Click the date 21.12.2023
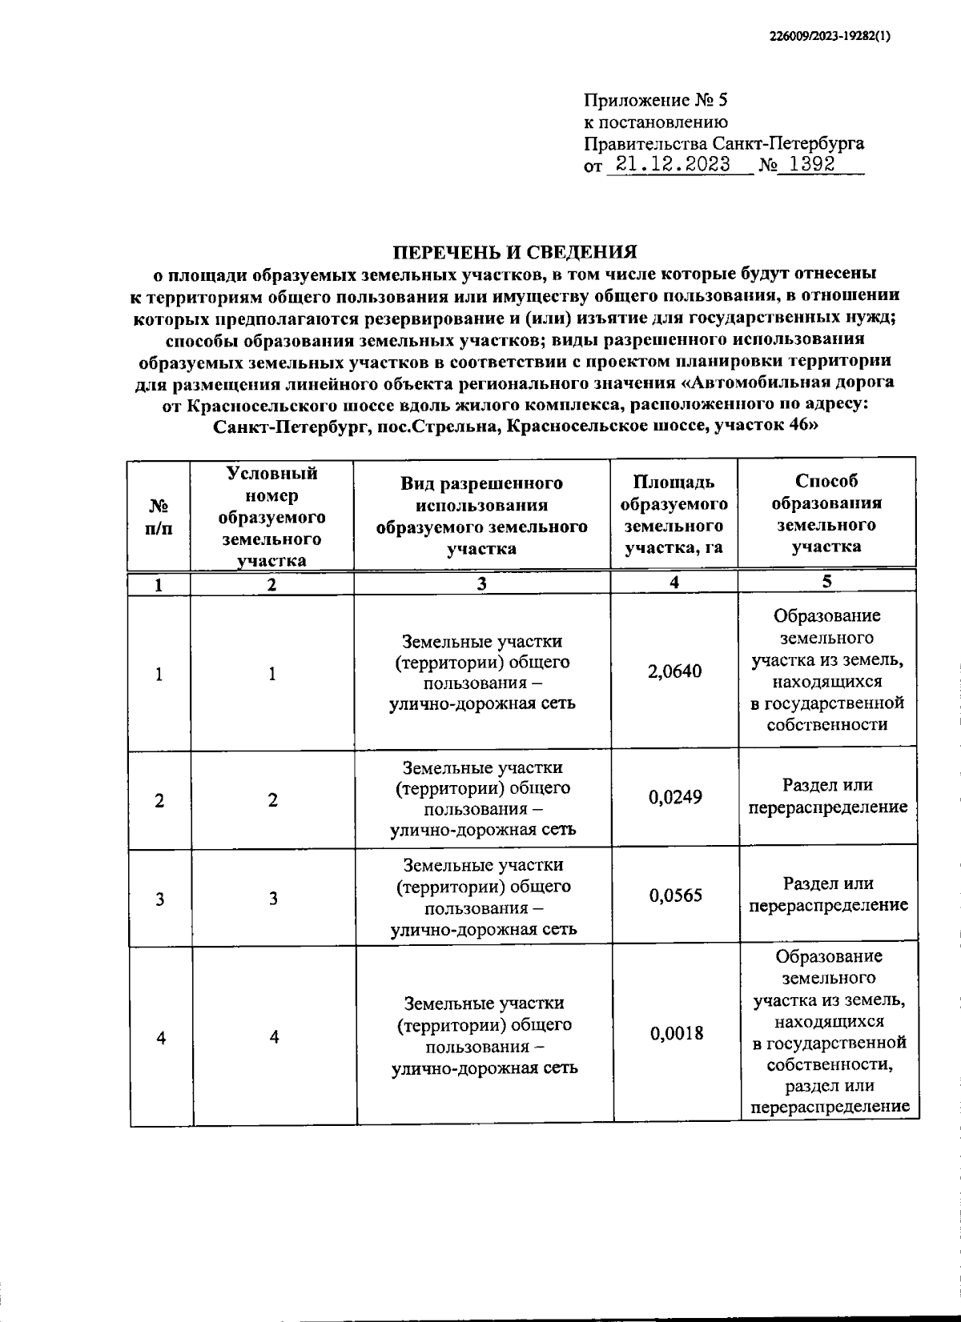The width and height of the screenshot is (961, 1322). (x=668, y=166)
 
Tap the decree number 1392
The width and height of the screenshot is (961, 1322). (x=811, y=166)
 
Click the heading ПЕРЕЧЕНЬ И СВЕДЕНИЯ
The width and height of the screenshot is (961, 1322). (x=514, y=252)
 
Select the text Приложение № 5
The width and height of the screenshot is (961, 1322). (x=656, y=101)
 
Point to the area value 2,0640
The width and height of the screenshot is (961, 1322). (x=675, y=671)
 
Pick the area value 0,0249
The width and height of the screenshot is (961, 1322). (x=675, y=797)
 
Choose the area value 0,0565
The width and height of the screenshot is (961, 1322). (x=676, y=895)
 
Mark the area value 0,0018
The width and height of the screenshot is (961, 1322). (x=677, y=1033)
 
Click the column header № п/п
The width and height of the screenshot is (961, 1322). (x=159, y=516)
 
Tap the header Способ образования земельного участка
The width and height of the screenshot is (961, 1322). (x=826, y=514)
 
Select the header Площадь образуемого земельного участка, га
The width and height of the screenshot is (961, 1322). (x=674, y=515)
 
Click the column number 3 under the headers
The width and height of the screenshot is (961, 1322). (x=481, y=584)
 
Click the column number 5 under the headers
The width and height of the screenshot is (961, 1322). (x=826, y=582)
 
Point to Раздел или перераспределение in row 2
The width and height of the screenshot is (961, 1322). (x=828, y=796)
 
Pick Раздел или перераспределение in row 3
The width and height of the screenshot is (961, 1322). (x=828, y=895)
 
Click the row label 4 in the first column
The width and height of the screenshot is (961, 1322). (x=161, y=1038)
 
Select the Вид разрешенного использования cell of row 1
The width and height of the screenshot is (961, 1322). (x=482, y=672)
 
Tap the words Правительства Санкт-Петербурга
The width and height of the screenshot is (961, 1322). (x=724, y=144)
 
